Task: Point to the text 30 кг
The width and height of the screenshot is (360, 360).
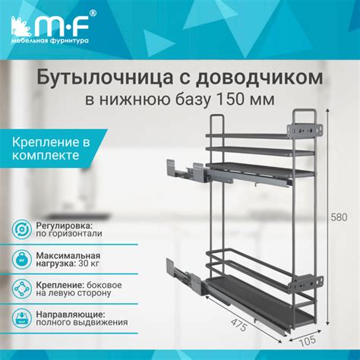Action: point(81,265)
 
